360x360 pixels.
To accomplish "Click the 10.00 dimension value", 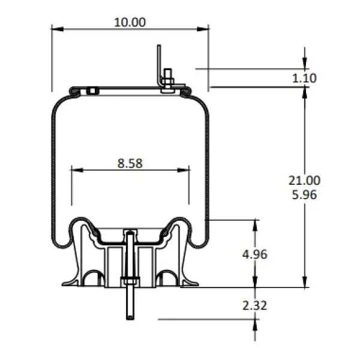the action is point(130,23).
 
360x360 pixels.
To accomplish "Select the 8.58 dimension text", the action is point(130,163).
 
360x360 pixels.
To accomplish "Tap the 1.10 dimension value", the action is point(304,78).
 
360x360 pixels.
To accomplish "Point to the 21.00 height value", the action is point(304,180).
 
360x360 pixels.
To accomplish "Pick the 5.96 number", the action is point(304,194).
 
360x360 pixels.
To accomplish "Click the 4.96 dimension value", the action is point(255,254).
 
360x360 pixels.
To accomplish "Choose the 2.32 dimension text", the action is point(255,305).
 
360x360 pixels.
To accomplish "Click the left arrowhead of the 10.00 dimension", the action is point(57,29).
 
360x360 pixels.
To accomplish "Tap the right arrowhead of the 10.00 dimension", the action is point(203,29).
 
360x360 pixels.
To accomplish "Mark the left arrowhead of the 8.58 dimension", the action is point(77,170).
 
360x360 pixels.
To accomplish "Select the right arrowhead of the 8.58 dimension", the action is point(183,170).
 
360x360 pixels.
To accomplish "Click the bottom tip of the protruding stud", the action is point(130,319).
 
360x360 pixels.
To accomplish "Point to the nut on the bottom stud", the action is point(130,280).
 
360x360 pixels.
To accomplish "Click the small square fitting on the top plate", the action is point(92,91).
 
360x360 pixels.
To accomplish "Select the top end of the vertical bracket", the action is point(159,45).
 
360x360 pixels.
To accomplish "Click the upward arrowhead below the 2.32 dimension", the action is point(255,325).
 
